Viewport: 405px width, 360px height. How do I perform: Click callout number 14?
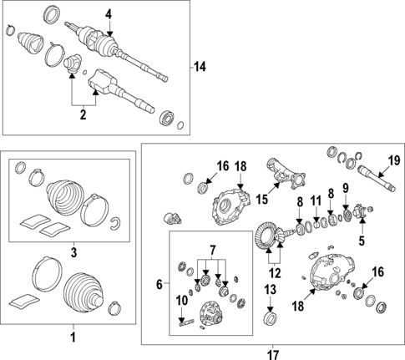[200, 67]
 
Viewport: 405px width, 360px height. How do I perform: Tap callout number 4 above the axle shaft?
[109, 14]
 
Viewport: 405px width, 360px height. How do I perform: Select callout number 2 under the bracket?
[84, 114]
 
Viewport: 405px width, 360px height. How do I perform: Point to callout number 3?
[73, 252]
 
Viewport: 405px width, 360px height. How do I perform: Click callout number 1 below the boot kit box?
[73, 337]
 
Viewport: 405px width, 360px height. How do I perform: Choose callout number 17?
[273, 355]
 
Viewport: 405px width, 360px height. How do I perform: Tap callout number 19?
[394, 161]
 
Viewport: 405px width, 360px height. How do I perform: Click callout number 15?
[262, 200]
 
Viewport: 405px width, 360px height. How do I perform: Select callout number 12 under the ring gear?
[275, 273]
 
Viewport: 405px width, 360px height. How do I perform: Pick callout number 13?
[271, 290]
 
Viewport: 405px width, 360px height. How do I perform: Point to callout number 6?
[159, 284]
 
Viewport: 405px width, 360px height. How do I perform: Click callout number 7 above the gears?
[212, 251]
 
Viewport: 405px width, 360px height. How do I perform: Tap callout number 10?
[182, 301]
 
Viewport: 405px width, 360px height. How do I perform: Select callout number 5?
[362, 241]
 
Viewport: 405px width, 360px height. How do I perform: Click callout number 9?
[345, 189]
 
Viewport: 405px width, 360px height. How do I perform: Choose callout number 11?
[316, 200]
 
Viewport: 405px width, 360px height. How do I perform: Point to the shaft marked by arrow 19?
[377, 178]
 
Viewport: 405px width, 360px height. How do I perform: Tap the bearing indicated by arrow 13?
[270, 318]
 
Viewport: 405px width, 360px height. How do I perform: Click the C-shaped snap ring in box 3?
[114, 224]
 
